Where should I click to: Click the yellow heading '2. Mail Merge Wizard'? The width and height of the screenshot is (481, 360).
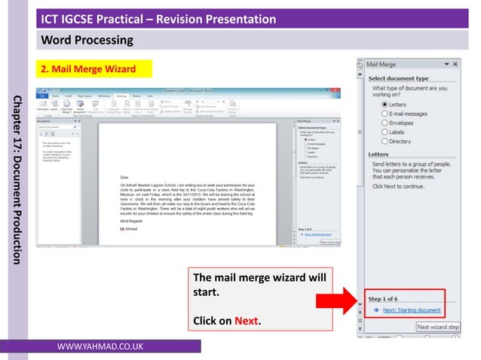(89, 70)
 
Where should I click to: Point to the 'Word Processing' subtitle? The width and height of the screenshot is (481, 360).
(87, 38)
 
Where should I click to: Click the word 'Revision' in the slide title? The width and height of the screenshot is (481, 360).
(191, 18)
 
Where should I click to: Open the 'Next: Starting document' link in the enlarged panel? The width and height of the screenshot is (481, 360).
(412, 310)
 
